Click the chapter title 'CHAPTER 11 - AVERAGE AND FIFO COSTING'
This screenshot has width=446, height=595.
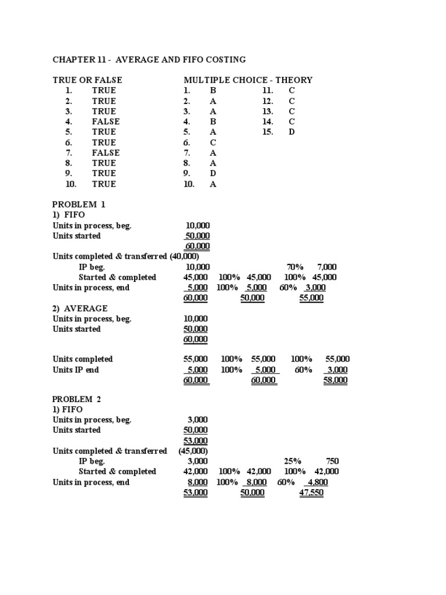(149, 59)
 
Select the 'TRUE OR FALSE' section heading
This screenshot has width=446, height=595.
(88, 80)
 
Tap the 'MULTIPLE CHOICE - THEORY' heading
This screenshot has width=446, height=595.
(248, 80)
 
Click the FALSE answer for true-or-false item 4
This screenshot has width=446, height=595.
(106, 121)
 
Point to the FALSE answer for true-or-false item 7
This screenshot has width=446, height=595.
(106, 153)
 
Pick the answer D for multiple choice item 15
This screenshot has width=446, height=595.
(292, 132)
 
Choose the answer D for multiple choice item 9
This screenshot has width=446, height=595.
(213, 173)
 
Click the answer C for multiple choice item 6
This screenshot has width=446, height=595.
(213, 142)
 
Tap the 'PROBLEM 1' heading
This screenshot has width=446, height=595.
(79, 205)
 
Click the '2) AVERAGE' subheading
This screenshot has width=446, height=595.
(80, 309)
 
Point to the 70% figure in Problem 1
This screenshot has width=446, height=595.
(295, 267)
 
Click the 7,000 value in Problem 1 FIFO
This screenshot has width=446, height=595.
(328, 267)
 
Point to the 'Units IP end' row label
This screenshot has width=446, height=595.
(76, 370)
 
